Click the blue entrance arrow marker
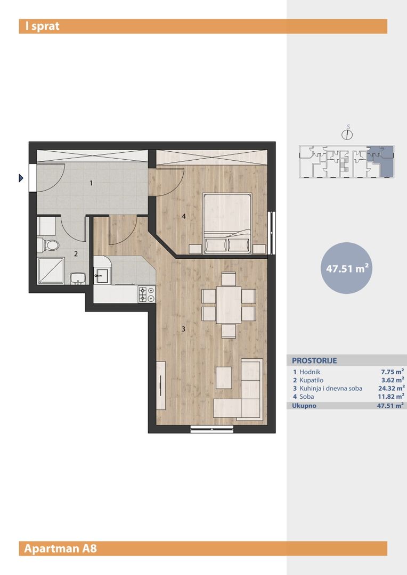[21, 178]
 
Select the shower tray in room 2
[51, 270]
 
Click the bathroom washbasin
[78, 278]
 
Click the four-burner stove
[147, 294]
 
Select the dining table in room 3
[229, 305]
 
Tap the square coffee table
[224, 377]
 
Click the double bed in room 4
[227, 223]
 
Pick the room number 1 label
[91, 183]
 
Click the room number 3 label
[183, 329]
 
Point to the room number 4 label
[184, 216]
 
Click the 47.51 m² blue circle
[347, 268]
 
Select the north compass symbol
[347, 134]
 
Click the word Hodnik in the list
[310, 372]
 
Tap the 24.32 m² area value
[392, 388]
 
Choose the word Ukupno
[304, 406]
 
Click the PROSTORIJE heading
[314, 360]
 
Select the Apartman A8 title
[61, 548]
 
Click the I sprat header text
[42, 26]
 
